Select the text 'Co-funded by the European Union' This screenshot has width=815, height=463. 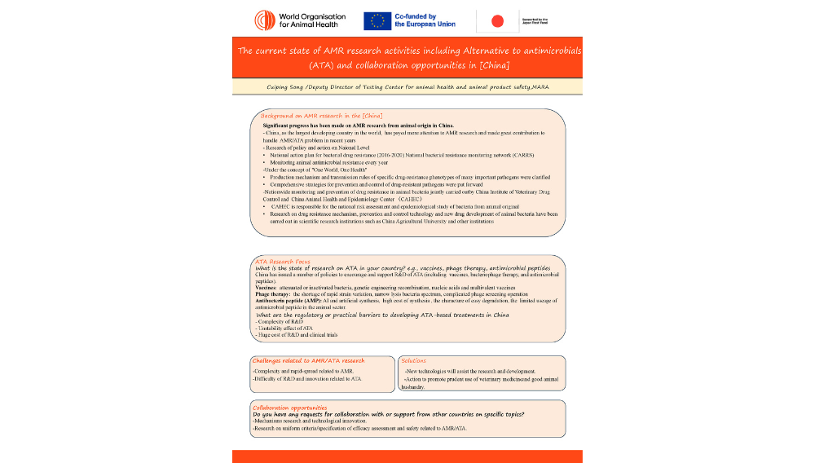425,20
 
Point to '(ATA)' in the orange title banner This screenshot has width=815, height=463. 324,64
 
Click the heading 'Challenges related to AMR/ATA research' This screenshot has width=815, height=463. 309,360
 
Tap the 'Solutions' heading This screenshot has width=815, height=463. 414,360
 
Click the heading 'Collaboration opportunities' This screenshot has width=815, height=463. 290,407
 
